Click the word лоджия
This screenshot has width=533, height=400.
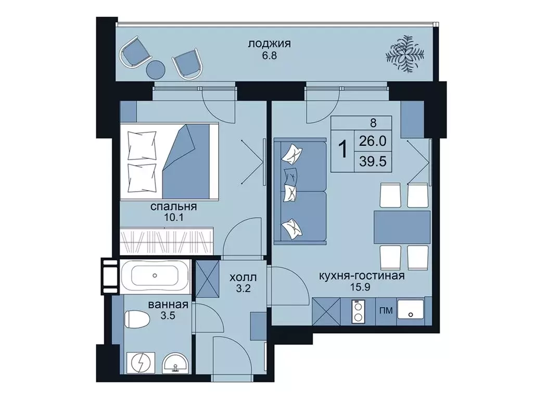click(269, 44)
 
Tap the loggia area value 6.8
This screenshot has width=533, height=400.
click(269, 55)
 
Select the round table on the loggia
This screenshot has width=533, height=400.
click(156, 69)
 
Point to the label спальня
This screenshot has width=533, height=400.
click(174, 206)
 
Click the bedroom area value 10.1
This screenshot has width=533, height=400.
click(174, 218)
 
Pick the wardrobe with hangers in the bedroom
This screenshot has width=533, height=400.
click(167, 241)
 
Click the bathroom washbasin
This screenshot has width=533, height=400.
click(175, 365)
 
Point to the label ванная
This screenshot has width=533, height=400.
click(168, 304)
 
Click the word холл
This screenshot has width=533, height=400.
click(243, 278)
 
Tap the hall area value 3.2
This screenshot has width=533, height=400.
click(243, 289)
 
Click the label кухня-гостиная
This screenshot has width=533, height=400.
click(362, 276)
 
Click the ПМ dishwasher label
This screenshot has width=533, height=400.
click(386, 310)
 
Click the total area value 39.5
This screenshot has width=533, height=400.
click(373, 161)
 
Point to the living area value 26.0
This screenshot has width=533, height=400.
click(373, 141)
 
